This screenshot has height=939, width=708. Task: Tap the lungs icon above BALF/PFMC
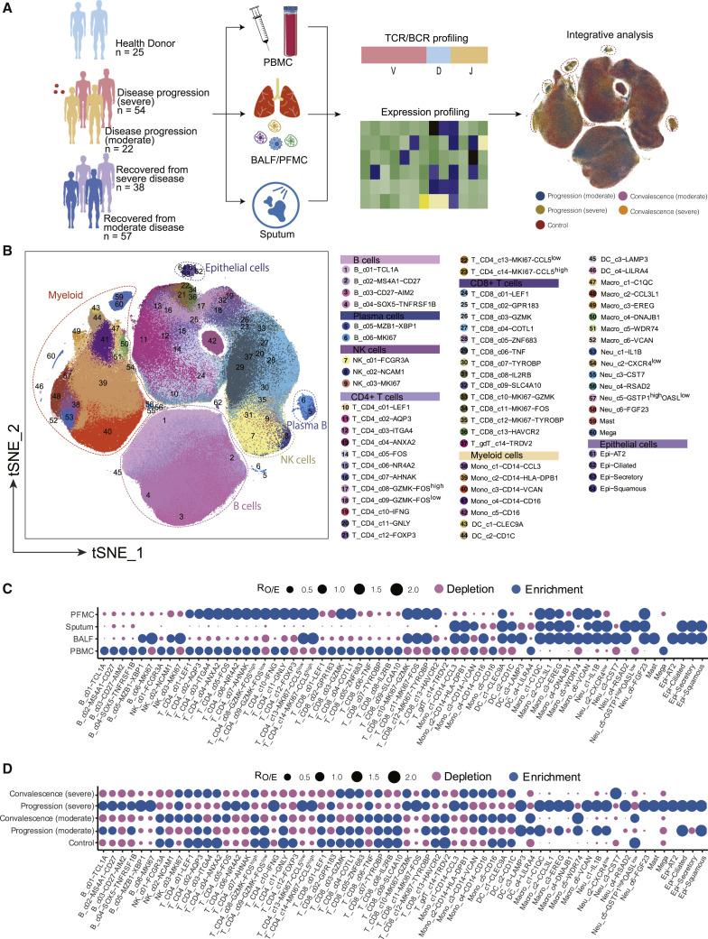click(x=290, y=102)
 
